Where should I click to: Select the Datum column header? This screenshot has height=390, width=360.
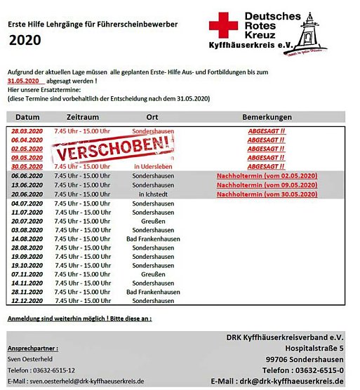click(x=27, y=116)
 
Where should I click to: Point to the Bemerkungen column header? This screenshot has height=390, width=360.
click(x=266, y=116)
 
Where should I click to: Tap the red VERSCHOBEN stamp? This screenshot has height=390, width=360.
click(x=114, y=147)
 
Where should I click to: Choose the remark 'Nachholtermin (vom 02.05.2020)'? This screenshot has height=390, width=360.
click(x=267, y=175)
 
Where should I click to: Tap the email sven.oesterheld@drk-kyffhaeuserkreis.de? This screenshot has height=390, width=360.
click(x=75, y=381)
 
